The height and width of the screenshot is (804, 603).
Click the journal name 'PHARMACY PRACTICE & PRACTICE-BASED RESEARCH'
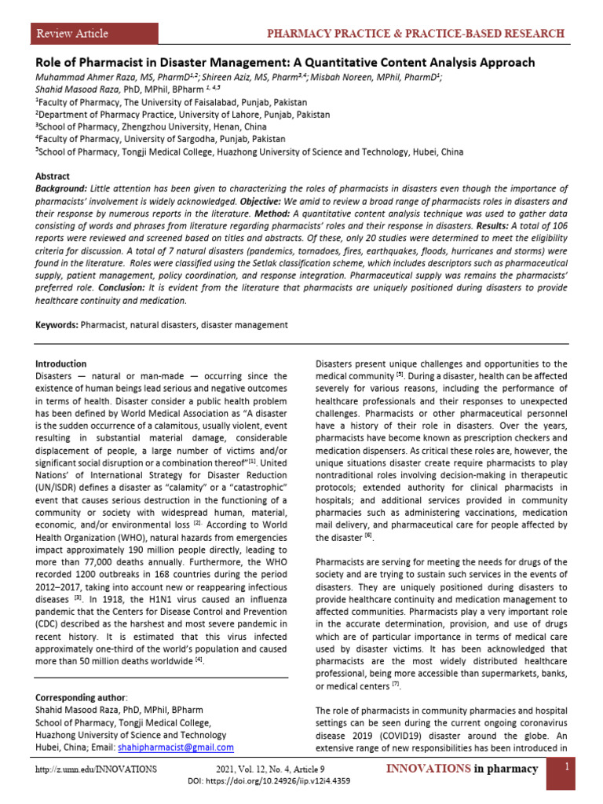415,34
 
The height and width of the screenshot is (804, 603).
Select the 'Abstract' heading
53,177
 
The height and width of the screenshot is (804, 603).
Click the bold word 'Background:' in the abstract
61,189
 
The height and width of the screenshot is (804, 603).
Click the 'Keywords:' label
58,324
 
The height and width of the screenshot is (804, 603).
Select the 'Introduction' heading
61,364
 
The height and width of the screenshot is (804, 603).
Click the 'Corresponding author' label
82,697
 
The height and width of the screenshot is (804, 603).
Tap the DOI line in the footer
269,781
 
